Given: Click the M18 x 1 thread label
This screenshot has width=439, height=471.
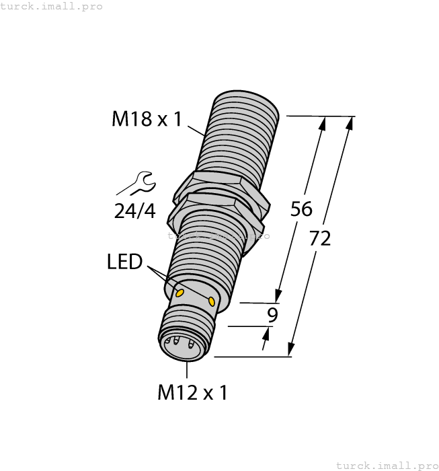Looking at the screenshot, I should pos(147,119).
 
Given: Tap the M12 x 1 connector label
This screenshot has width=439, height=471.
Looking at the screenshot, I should pos(192,392).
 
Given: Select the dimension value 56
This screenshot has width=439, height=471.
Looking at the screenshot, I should pos(301,209).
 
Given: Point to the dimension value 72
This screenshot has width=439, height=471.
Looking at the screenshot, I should pos(321,237).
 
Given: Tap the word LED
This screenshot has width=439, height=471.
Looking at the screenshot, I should pos(124,262).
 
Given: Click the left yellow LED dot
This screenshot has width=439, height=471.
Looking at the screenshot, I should pos(179,293).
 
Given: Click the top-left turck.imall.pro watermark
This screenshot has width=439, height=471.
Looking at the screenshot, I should pos(52,6).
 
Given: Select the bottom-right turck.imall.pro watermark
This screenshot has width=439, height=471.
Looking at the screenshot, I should pos(386,465).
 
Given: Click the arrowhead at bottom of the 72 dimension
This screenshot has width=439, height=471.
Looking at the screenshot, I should pos(291,348).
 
